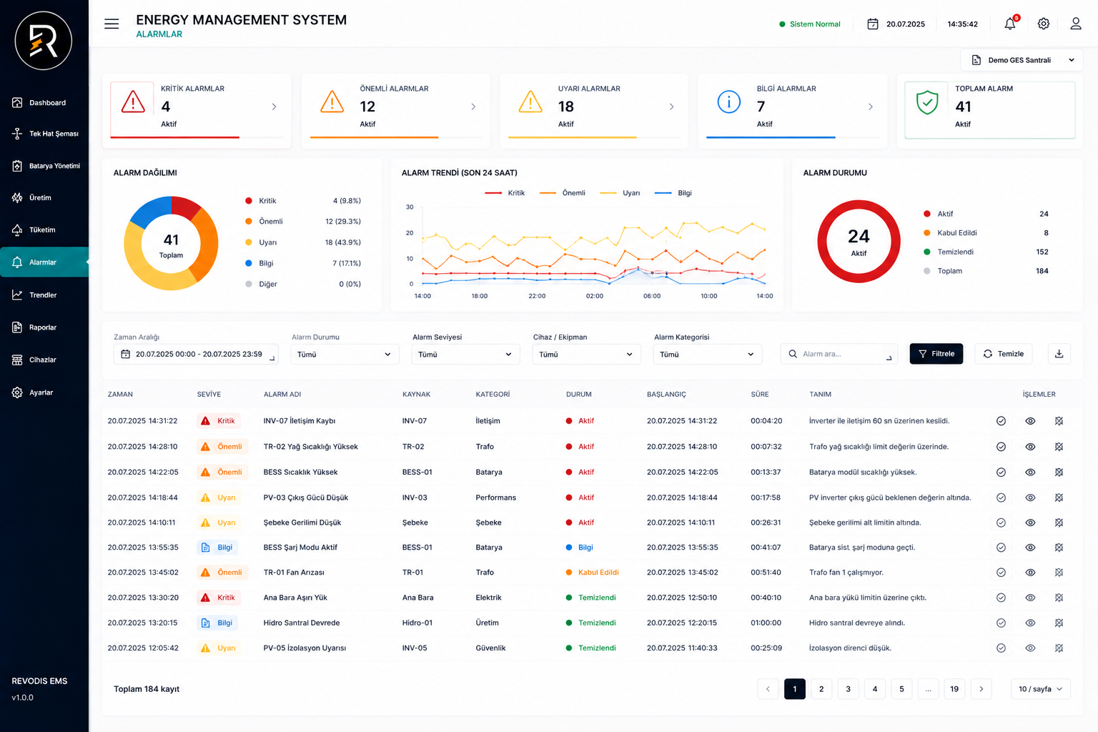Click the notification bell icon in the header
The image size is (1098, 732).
[1010, 24]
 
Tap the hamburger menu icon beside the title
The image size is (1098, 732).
[112, 24]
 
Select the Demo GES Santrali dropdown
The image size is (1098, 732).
[1022, 60]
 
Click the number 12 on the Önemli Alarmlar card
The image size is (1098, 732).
[367, 107]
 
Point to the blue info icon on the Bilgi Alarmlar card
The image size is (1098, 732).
[729, 102]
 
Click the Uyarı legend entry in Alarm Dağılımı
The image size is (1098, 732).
[267, 242]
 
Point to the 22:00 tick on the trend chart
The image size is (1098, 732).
[537, 296]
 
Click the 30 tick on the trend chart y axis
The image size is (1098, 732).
[410, 207]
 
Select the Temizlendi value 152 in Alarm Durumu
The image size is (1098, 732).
[1042, 252]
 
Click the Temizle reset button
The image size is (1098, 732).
[1004, 354]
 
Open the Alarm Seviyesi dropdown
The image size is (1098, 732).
[465, 354]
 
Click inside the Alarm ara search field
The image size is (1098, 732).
[839, 354]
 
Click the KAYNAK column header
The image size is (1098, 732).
[416, 394]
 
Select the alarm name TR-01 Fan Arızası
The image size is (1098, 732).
[294, 572]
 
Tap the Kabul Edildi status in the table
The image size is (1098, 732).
[598, 572]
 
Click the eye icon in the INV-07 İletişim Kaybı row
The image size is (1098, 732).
[1030, 420]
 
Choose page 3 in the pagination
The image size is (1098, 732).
[848, 689]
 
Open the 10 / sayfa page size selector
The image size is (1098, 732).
[1041, 689]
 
